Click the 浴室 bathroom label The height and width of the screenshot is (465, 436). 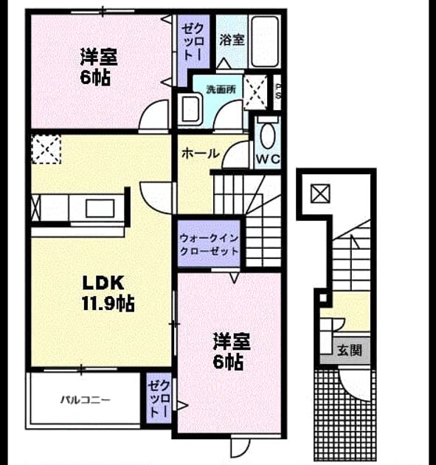(x=232, y=40)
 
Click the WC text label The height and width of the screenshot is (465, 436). (x=268, y=159)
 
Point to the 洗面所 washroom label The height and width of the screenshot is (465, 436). (x=221, y=89)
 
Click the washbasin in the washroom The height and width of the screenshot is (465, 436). (x=190, y=108)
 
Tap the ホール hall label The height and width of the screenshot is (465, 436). (x=201, y=154)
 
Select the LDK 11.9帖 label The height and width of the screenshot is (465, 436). (x=108, y=293)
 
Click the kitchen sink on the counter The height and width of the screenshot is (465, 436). (x=100, y=208)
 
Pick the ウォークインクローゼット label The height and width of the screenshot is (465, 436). (x=210, y=244)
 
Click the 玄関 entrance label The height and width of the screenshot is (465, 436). (x=350, y=351)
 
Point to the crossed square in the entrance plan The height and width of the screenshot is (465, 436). (x=320, y=193)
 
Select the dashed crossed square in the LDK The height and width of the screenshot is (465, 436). (x=46, y=149)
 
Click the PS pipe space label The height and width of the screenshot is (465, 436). (x=277, y=92)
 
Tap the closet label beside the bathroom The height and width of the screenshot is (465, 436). (x=193, y=43)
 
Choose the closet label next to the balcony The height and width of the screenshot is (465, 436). (x=159, y=399)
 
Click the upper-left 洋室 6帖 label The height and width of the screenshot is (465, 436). (x=98, y=67)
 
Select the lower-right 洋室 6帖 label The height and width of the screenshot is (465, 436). (x=232, y=352)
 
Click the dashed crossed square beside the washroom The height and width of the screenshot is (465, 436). (x=255, y=92)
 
